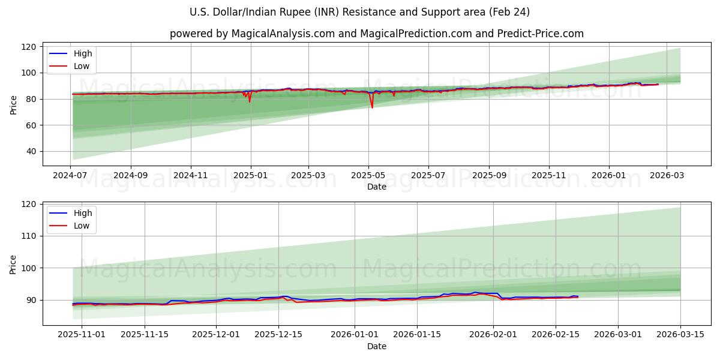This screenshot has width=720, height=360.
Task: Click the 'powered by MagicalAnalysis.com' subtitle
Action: (376, 34)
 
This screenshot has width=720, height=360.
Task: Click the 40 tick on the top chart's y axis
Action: (31, 152)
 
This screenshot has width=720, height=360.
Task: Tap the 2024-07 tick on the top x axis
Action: (70, 176)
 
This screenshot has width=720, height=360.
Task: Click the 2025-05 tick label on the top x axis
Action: (368, 176)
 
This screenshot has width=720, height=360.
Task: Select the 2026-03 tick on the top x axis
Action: (667, 176)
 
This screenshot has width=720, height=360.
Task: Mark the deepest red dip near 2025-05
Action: (372, 107)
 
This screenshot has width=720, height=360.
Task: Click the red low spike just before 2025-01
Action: (250, 101)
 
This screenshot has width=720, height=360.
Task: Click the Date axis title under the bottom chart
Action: (376, 346)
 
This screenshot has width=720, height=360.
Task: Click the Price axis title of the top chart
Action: (14, 104)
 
